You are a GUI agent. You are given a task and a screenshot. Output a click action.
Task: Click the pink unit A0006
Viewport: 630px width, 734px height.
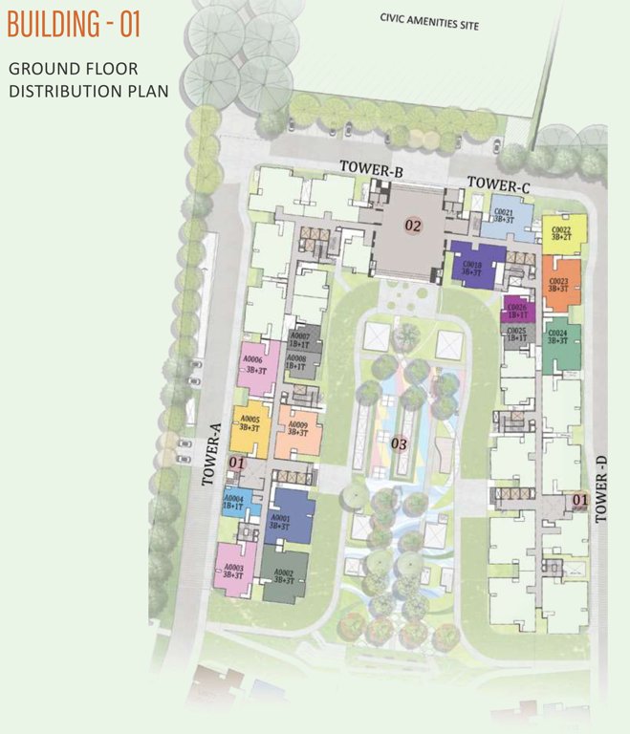pos(256,365)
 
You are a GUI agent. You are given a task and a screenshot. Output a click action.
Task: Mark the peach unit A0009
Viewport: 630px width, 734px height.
pos(297,426)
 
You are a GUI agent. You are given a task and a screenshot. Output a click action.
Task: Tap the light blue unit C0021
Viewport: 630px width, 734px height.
pos(506,219)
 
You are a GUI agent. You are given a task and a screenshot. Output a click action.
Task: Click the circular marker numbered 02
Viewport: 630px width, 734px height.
pos(413,226)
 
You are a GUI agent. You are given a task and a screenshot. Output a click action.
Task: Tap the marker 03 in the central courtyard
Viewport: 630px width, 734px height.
pos(400,443)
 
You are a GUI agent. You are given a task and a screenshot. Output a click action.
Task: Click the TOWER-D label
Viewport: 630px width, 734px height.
pos(601,488)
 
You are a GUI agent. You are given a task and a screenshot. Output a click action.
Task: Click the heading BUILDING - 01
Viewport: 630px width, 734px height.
pos(75,24)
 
